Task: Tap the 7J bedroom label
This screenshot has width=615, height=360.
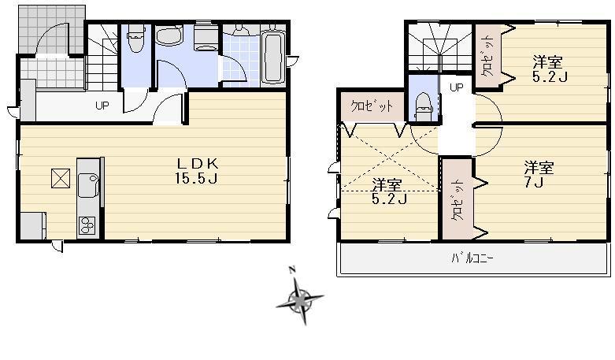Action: tap(539, 175)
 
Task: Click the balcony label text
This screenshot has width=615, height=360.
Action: tap(472, 257)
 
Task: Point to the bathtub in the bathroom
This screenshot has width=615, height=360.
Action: tap(272, 57)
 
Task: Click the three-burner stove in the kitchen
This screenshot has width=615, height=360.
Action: tap(87, 225)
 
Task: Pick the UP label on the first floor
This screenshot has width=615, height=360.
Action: tap(102, 106)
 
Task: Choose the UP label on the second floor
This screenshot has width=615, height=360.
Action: tap(456, 87)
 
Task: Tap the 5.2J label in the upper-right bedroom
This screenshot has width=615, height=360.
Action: tap(549, 69)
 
